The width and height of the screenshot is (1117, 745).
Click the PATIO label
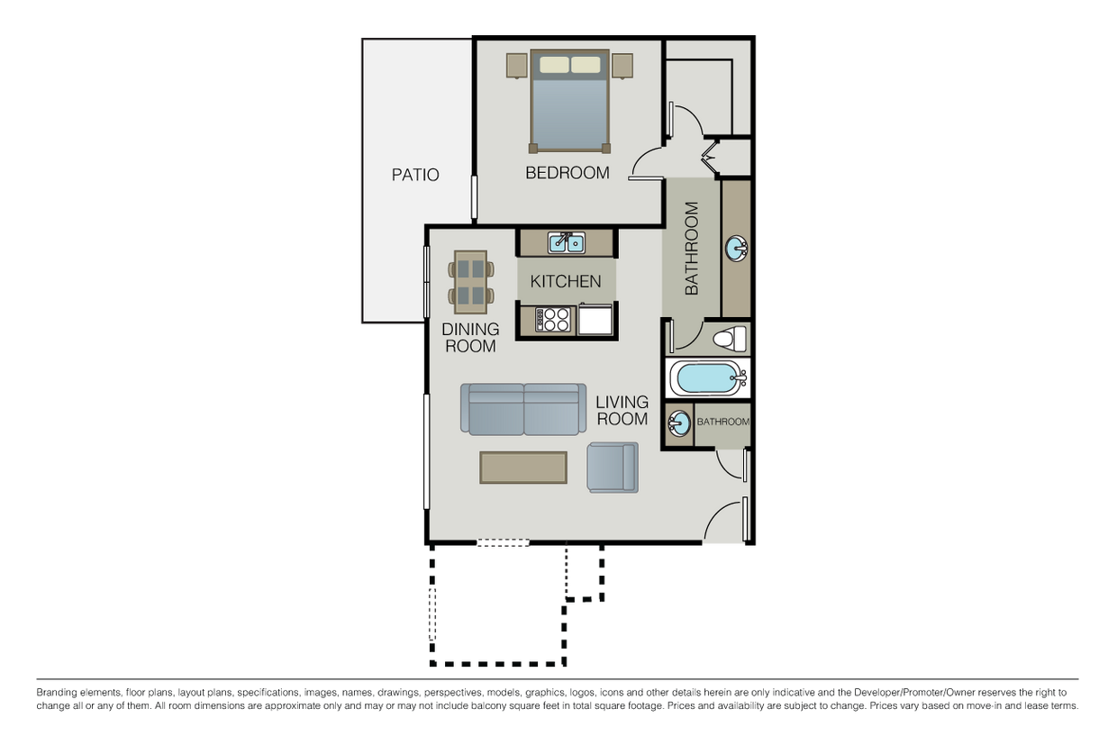pos(415,175)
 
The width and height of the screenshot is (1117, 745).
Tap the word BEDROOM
pos(568,173)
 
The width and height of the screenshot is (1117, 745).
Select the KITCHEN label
pos(566,282)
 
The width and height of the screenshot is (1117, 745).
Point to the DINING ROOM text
pos(470,338)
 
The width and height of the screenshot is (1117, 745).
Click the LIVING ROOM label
pos(622,410)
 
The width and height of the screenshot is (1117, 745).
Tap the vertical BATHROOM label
pos(692,249)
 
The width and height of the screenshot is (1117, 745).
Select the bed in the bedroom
pos(569,101)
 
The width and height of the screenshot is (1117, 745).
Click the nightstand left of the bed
pos(516,66)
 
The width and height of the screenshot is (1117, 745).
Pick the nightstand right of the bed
pos(622,66)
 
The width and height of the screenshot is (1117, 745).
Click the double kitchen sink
pos(567,242)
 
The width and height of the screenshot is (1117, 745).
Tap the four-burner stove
pos(553,320)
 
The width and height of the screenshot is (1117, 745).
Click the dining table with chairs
pos(471,281)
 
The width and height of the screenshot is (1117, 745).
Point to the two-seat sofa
pos(523,408)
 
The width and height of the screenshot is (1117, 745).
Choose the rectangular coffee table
pos(523,468)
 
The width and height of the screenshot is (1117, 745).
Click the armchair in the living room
pos(613,467)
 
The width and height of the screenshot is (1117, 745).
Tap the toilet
pos(729,339)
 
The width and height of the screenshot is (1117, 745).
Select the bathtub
pos(710,378)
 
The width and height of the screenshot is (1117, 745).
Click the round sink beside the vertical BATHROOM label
pos(736,248)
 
